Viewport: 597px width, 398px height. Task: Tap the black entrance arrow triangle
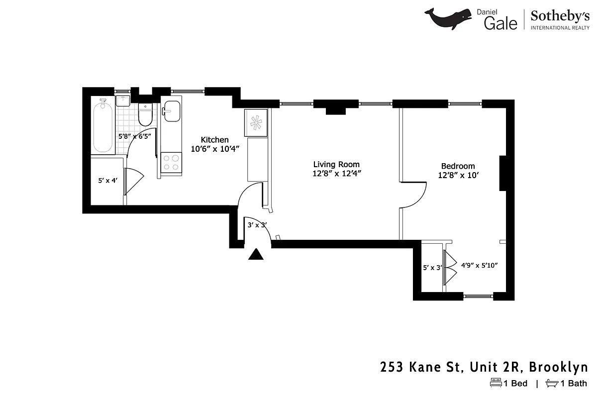[256, 255]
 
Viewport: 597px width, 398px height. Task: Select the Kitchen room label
[214, 140]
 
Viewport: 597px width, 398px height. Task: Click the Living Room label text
[336, 165]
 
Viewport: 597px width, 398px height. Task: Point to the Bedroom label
[458, 166]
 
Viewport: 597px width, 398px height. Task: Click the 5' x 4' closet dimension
[107, 181]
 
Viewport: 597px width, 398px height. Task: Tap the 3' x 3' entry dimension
[257, 225]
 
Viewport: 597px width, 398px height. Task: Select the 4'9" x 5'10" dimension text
[480, 265]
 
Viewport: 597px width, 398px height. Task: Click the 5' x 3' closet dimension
[432, 268]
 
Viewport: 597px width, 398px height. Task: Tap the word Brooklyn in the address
[558, 367]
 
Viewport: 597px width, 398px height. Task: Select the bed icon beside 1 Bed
[496, 383]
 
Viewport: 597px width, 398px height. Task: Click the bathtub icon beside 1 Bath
[552, 383]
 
